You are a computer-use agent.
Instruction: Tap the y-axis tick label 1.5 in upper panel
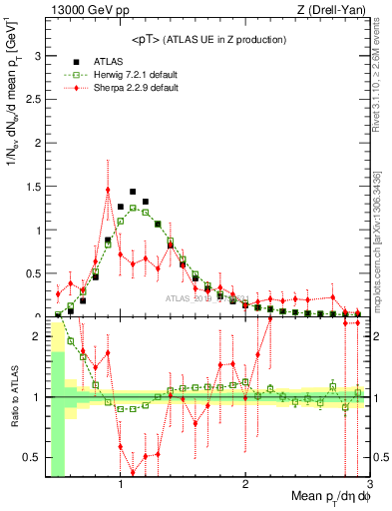coord(35,187)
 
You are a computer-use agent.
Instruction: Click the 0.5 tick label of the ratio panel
coord(35,456)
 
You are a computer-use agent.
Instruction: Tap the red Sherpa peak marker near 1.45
coord(108,190)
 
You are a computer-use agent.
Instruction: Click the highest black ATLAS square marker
coord(133,192)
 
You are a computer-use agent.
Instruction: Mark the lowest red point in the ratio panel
coord(133,472)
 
